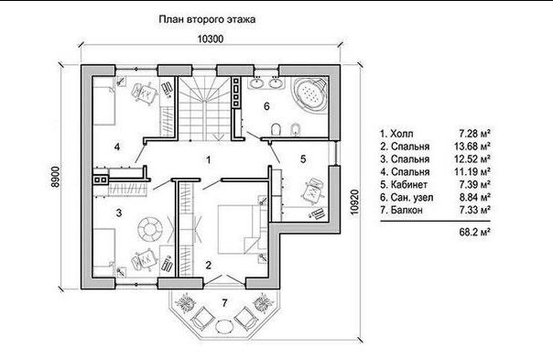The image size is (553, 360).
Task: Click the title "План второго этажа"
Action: click(x=207, y=19)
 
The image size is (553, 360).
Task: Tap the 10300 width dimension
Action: click(x=211, y=38)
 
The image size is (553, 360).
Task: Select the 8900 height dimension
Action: click(x=56, y=177)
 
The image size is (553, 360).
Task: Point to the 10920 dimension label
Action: click(x=355, y=202)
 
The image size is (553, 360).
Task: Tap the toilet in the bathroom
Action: click(x=276, y=129)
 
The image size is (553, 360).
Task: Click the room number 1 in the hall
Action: click(x=209, y=160)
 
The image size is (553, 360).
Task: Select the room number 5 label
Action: click(x=303, y=159)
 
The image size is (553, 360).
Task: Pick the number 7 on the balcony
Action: click(x=224, y=302)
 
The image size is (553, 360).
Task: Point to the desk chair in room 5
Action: click(x=313, y=191)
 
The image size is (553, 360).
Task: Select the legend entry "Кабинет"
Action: click(x=408, y=185)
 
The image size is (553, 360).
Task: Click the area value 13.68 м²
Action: click(x=472, y=147)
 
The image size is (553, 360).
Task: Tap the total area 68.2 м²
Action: click(x=474, y=232)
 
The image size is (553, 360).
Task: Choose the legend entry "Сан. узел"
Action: click(x=412, y=197)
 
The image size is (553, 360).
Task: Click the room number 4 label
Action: click(x=117, y=147)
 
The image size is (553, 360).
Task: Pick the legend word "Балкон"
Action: click(x=407, y=210)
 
